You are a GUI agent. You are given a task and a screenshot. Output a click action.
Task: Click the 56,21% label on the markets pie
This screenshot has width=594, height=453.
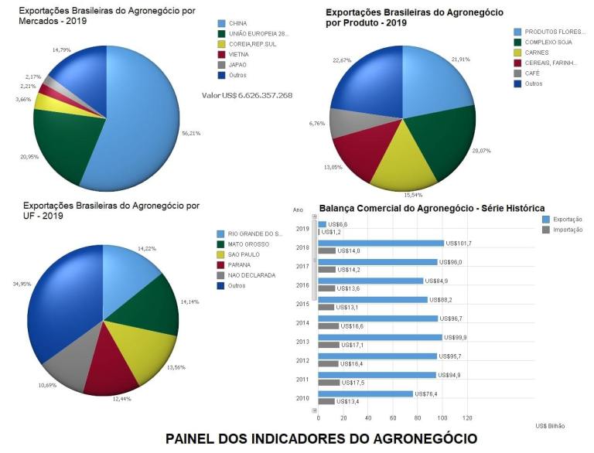190,132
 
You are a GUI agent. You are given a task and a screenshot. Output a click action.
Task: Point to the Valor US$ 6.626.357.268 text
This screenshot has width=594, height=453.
247,95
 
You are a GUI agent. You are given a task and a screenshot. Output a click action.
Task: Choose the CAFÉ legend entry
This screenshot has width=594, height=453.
532,73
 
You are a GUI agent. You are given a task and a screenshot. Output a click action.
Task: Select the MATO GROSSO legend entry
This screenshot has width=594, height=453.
247,244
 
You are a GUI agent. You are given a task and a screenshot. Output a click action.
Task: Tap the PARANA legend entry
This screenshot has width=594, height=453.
239,264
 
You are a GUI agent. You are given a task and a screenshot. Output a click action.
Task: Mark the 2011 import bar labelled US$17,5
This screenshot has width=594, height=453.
329,382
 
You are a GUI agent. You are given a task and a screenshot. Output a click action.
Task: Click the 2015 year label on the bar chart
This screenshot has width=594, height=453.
302,304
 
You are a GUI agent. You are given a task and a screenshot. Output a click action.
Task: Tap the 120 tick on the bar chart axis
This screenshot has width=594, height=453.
466,417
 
